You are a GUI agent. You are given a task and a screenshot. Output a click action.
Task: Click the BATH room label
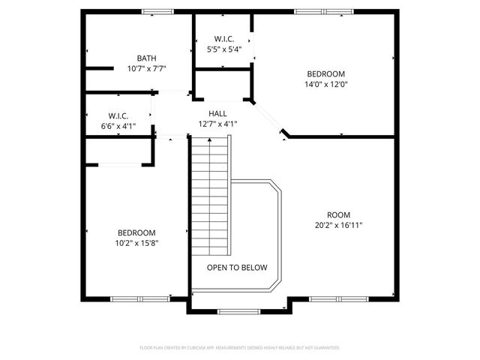click(146, 58)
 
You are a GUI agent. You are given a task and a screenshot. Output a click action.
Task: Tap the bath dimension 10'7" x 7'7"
click(146, 68)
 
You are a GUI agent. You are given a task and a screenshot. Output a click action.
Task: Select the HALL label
click(217, 113)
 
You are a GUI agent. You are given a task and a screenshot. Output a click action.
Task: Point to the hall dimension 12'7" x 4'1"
click(217, 124)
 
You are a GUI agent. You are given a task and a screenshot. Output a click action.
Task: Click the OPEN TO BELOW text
click(237, 267)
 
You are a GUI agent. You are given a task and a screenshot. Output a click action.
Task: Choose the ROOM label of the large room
click(338, 214)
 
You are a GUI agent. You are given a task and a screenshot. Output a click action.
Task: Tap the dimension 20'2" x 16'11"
click(338, 225)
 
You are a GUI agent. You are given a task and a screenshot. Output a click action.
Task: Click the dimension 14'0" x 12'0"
click(326, 84)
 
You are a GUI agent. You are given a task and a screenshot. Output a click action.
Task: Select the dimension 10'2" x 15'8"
click(136, 243)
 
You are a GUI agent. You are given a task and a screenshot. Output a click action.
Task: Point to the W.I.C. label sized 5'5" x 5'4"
click(224, 39)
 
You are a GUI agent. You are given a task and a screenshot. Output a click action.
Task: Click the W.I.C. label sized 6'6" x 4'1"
click(118, 116)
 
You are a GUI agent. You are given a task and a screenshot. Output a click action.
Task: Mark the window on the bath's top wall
click(158, 11)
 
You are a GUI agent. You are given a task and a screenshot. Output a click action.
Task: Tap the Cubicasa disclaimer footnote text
click(240, 348)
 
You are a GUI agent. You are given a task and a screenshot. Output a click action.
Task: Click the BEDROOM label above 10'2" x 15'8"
click(136, 232)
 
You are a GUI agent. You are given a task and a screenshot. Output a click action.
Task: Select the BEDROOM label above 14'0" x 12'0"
click(326, 73)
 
